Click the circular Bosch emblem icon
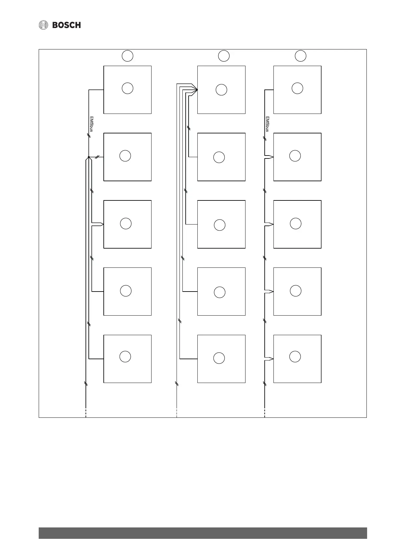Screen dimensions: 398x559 (x=43, y=25)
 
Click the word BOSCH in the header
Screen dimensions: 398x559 (x=66, y=25)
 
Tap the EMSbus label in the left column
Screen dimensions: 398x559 (x=91, y=124)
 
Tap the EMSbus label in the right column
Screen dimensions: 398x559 (x=267, y=124)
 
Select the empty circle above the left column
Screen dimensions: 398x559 (x=127, y=56)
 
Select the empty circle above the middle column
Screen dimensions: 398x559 (x=224, y=56)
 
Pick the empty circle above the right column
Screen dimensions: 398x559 (x=300, y=56)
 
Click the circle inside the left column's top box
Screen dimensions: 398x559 (x=127, y=88)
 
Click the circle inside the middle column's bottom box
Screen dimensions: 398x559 (x=219, y=358)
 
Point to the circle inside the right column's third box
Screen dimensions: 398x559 (x=296, y=224)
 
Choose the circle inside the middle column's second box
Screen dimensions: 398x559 (x=219, y=157)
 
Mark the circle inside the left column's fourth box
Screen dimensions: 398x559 (x=126, y=291)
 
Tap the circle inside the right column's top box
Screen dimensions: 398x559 (x=298, y=88)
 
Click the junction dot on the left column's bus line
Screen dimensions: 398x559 (x=89, y=157)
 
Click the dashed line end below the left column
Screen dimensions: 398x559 (x=86, y=413)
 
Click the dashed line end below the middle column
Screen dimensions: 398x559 (x=177, y=413)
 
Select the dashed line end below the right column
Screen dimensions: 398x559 (x=265, y=413)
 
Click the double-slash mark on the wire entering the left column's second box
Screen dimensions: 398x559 (x=97, y=157)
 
